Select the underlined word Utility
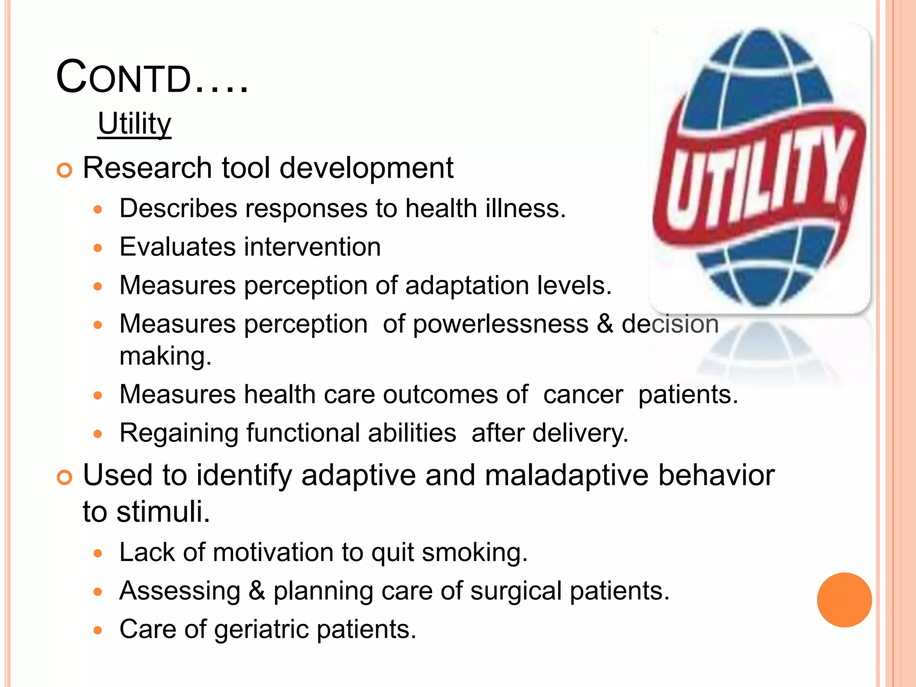(134, 123)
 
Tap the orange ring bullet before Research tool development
(65, 170)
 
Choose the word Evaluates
(177, 247)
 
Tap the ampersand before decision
(605, 324)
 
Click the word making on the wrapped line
(165, 356)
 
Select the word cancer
(583, 394)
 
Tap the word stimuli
(163, 512)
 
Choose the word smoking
(474, 552)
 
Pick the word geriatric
(262, 629)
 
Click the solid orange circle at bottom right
(844, 600)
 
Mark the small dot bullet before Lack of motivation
(98, 554)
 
